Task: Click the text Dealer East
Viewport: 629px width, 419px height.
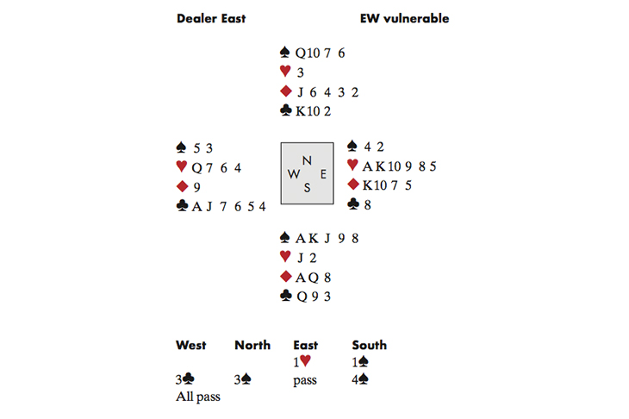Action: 210,18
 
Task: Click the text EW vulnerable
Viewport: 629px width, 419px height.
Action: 404,18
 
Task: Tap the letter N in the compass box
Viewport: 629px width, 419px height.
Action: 307,159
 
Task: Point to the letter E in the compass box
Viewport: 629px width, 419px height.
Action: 323,173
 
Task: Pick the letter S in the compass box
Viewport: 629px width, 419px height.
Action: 307,188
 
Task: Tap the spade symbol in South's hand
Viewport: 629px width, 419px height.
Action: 285,238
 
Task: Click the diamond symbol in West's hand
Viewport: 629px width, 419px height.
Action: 182,185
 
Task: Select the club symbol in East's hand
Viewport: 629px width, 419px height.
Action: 352,204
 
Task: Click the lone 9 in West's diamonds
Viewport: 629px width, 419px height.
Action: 198,185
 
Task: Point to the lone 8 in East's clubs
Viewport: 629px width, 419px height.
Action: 367,204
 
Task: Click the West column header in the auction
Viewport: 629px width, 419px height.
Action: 191,345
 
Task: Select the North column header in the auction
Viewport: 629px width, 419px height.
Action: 252,345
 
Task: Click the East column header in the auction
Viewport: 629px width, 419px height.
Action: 306,345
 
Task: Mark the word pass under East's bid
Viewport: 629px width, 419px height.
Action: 306,380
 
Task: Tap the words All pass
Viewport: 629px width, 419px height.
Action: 197,397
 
